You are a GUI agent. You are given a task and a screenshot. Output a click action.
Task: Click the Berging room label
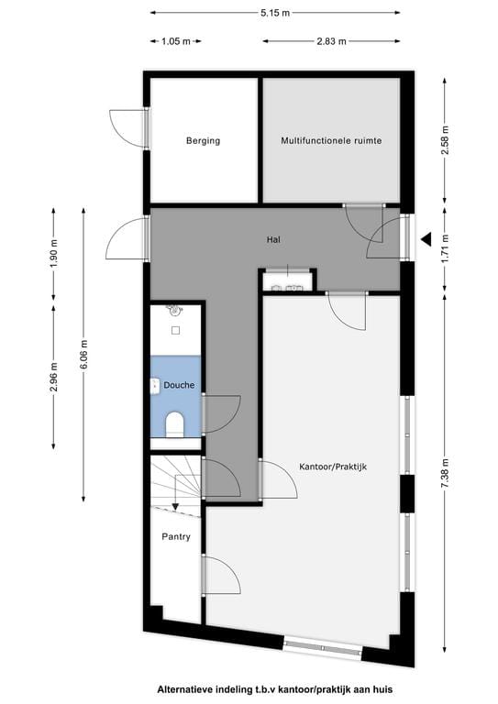coord(203,140)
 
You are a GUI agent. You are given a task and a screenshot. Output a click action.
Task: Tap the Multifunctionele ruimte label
coord(330,140)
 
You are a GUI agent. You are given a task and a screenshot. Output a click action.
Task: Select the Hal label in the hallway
coord(272,239)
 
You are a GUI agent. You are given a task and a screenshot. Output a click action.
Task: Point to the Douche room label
coord(179,386)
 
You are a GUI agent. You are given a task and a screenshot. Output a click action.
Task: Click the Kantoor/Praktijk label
coord(333,467)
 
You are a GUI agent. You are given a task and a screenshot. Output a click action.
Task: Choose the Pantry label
coord(176,536)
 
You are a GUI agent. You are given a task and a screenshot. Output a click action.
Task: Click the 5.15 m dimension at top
coord(274,13)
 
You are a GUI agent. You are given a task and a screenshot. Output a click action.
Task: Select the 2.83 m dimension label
coord(331,41)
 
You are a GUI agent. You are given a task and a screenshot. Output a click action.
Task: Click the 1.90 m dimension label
coord(54,251)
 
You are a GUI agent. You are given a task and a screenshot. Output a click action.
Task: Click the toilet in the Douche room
coord(174,424)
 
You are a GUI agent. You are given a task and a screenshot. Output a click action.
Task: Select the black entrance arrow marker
coord(426,239)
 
